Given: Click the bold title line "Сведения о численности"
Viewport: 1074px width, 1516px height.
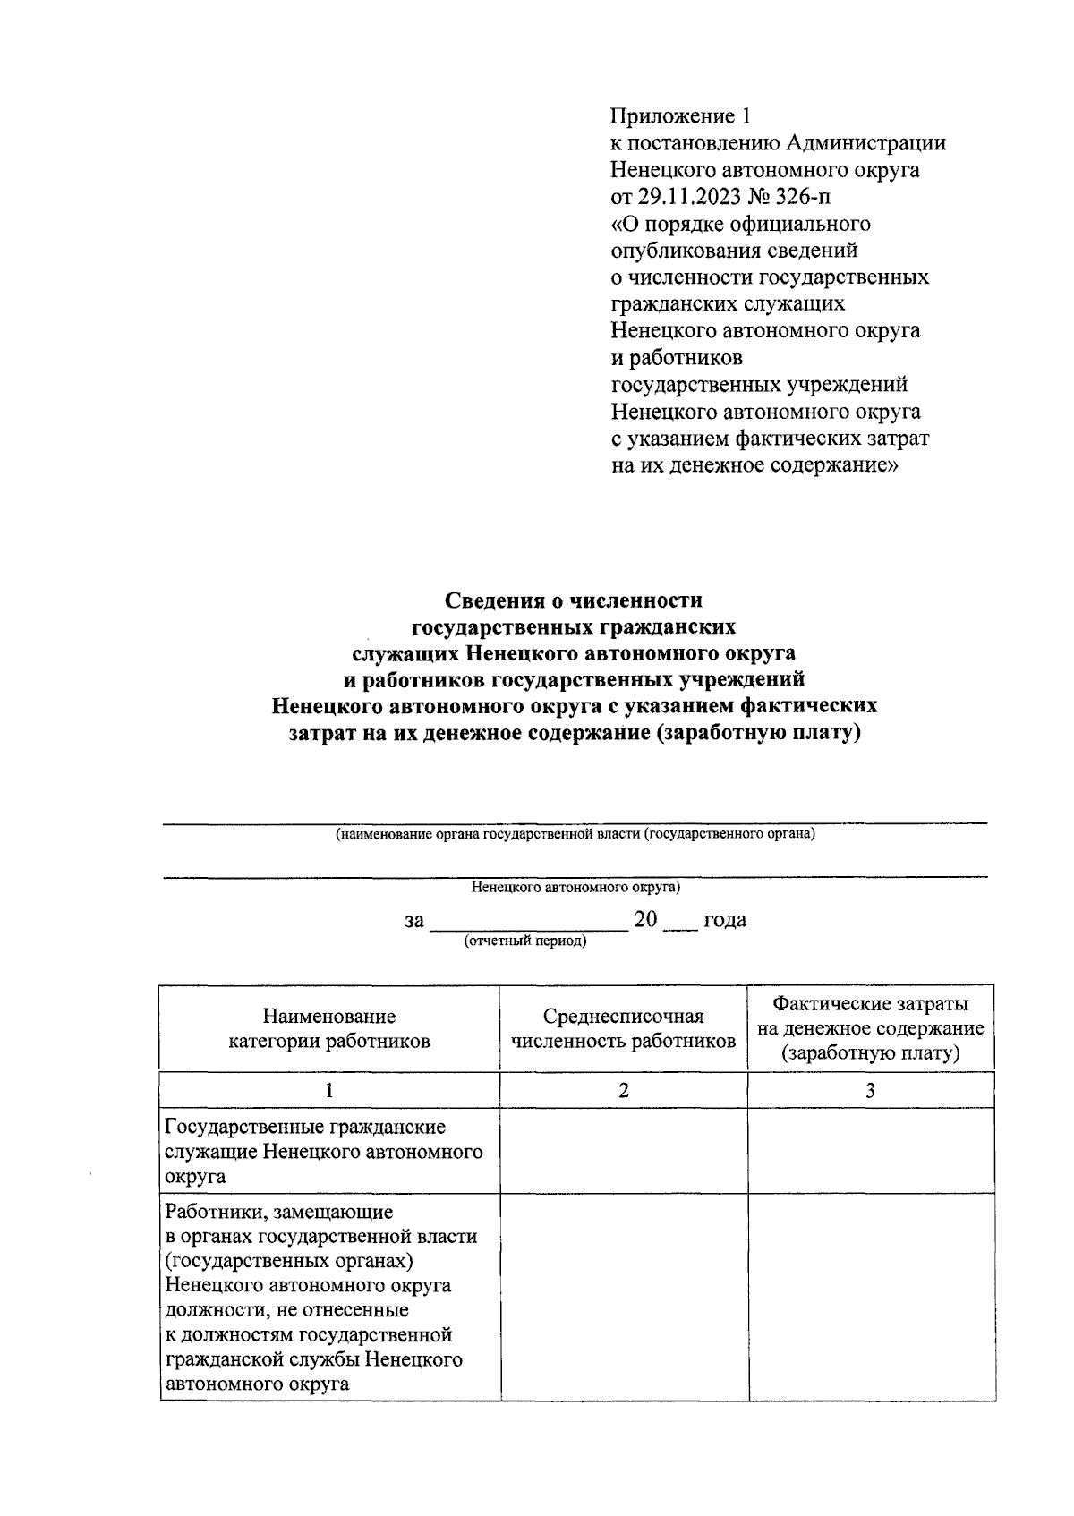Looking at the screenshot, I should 574,600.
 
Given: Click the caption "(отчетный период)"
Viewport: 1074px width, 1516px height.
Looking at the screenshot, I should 524,941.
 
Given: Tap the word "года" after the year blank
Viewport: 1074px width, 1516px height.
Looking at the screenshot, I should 725,920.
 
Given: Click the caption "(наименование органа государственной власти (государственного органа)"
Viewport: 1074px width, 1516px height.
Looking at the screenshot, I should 574,834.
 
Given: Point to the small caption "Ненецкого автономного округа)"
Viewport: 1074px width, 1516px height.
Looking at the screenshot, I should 575,888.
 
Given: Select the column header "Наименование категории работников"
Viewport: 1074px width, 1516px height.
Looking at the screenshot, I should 329,1028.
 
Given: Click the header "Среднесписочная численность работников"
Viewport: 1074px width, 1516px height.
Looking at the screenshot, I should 623,1028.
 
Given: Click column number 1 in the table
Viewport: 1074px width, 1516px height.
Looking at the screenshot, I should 329,1090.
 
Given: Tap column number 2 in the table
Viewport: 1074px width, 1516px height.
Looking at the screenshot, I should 623,1090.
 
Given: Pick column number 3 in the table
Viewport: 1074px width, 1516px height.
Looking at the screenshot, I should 870,1090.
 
